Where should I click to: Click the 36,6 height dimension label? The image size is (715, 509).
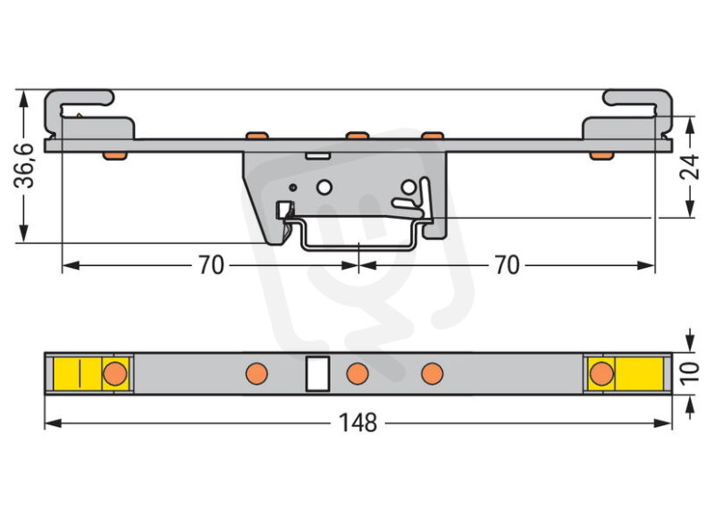(x=24, y=165)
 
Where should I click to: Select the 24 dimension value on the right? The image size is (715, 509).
(x=689, y=167)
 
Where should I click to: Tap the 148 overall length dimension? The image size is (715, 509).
(x=358, y=423)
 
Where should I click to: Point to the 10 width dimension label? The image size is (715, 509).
(x=689, y=373)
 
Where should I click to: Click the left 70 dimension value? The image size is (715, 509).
(x=211, y=265)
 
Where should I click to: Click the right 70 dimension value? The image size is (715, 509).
(x=507, y=265)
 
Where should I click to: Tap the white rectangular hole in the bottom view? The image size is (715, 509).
(x=317, y=373)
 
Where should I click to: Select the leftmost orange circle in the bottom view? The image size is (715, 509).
(x=114, y=373)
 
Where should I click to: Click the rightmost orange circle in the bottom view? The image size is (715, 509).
(x=601, y=373)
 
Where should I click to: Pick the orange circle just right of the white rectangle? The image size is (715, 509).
(x=357, y=373)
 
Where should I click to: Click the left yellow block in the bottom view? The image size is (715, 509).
(x=91, y=373)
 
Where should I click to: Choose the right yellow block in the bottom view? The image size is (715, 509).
(x=626, y=373)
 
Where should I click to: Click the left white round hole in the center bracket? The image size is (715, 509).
(x=324, y=188)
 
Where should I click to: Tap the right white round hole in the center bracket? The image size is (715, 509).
(x=408, y=187)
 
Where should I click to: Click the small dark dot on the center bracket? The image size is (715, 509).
(x=293, y=188)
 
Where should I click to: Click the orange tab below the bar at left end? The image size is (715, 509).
(x=114, y=156)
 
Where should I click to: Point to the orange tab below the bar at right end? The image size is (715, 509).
(x=601, y=156)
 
